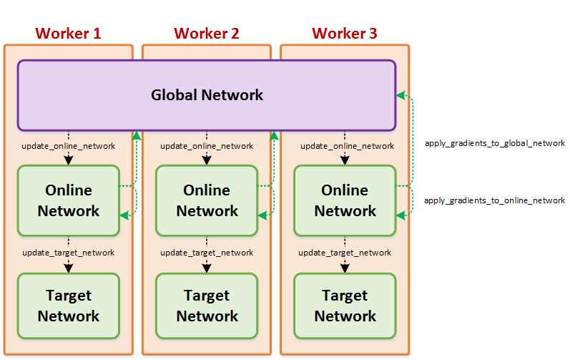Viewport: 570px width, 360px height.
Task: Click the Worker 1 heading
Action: coord(68,33)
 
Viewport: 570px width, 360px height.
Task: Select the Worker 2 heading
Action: coord(207,33)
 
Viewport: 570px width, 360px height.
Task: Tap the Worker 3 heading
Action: coord(345,33)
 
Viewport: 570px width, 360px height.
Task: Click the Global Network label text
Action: coord(207,94)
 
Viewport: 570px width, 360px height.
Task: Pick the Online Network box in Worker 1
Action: coord(69,200)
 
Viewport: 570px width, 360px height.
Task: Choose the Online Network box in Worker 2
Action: coord(207,200)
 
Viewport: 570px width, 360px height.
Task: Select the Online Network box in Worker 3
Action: coord(345,200)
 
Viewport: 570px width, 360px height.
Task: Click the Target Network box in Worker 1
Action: coord(69,306)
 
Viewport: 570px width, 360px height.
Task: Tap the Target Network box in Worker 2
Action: coord(207,306)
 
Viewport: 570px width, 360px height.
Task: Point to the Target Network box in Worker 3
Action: coord(345,306)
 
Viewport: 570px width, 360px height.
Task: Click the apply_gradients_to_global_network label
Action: coord(494,143)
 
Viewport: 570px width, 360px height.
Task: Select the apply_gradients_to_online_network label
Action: coord(494,200)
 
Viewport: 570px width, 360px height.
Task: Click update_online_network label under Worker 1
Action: coord(69,146)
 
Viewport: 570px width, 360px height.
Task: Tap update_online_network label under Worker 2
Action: coord(207,146)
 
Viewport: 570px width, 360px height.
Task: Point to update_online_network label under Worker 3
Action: coord(347,146)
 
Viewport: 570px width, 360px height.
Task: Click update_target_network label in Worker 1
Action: coord(69,253)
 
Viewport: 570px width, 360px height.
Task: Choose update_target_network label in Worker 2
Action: coord(207,253)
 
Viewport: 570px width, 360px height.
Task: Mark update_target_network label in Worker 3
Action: coord(345,253)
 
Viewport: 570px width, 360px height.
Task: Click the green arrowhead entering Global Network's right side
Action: coord(401,95)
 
